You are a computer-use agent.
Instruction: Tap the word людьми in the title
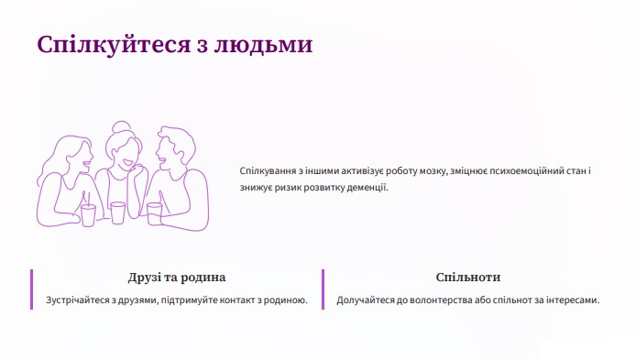click(263, 45)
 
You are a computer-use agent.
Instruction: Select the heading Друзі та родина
click(177, 278)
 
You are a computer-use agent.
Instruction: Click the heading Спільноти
click(468, 278)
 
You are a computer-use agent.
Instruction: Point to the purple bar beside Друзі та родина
click(32, 289)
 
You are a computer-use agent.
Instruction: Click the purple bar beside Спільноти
click(323, 289)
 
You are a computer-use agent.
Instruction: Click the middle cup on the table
click(117, 213)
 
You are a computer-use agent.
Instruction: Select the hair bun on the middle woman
click(121, 127)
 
